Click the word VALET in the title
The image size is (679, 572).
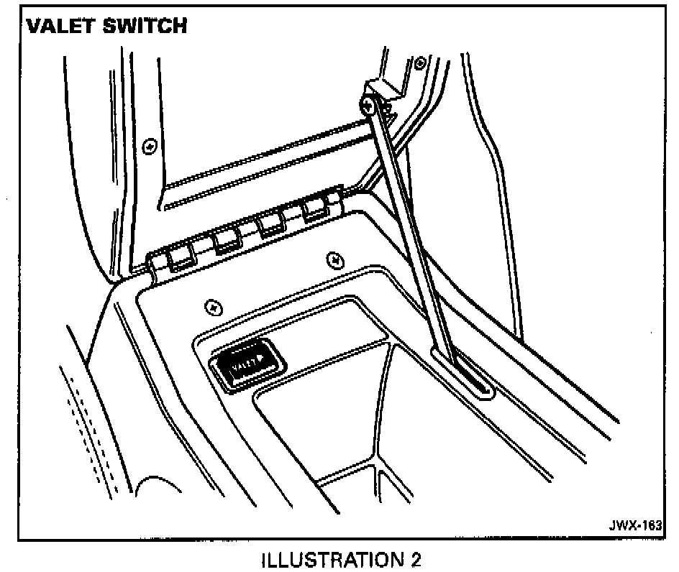coord(60,27)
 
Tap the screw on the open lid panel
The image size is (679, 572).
coord(150,146)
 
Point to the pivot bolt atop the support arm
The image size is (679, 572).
coord(368,106)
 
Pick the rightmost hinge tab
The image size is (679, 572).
coord(316,208)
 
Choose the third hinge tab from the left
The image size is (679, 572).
coord(272,224)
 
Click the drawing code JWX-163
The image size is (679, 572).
coord(633,526)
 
